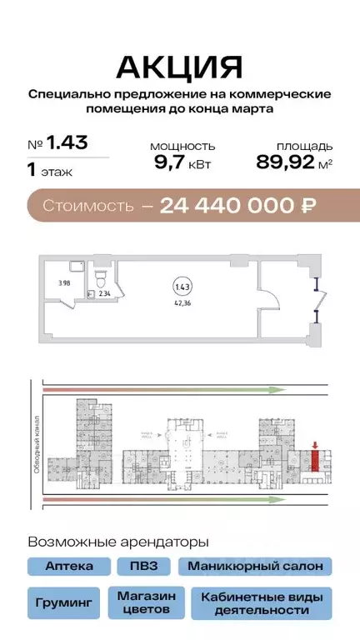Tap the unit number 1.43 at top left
coord(67,143)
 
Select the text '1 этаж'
coord(50,172)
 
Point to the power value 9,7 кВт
coord(182,163)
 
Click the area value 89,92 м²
coord(294,163)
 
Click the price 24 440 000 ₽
coord(238,205)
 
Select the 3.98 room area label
coord(63,283)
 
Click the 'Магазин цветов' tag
coord(146,602)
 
